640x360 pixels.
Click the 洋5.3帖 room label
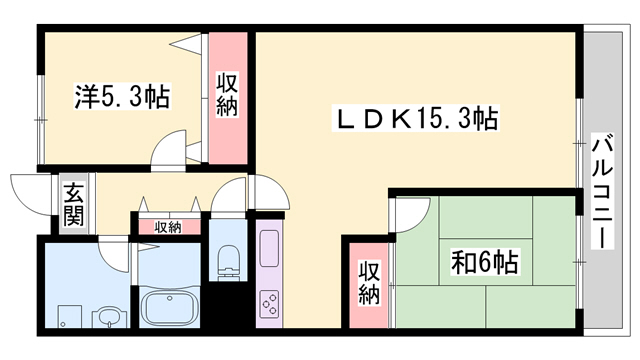(x=121, y=97)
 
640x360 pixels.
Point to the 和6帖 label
(x=483, y=263)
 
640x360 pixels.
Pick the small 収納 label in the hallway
(x=168, y=227)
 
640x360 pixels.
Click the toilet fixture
(x=228, y=258)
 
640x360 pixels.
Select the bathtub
(x=169, y=306)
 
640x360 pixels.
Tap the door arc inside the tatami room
(x=409, y=212)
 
